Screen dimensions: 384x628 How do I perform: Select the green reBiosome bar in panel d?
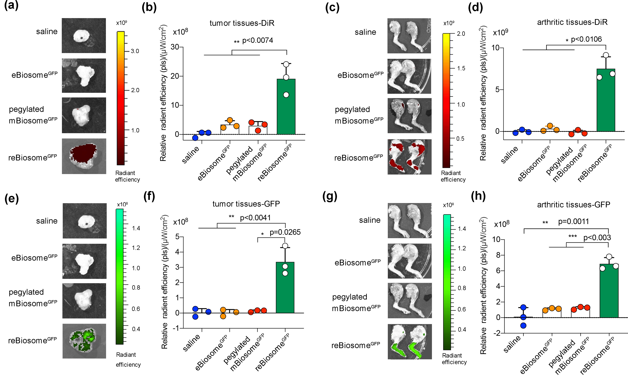606,102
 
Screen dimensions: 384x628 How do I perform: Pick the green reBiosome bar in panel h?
609,293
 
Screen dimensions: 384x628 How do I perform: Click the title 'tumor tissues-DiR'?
242,23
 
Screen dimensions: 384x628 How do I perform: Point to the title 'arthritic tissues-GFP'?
573,205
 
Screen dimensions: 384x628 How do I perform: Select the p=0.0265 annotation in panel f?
285,232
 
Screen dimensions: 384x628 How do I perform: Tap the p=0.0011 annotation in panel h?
573,221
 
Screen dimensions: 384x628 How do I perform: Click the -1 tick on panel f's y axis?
176,328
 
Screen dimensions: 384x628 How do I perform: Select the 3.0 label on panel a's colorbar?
135,51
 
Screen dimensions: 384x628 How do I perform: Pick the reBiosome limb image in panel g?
410,342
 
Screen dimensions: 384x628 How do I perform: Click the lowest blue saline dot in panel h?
523,326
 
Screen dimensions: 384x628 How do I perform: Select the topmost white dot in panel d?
606,55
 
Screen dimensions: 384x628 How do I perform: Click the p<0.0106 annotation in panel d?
586,39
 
